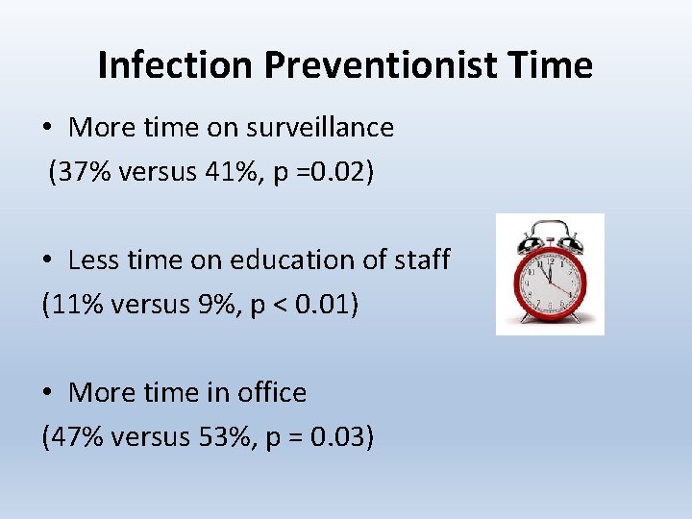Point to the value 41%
233,172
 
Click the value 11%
74,305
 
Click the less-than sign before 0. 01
277,306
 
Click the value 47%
74,437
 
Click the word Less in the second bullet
92,259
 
